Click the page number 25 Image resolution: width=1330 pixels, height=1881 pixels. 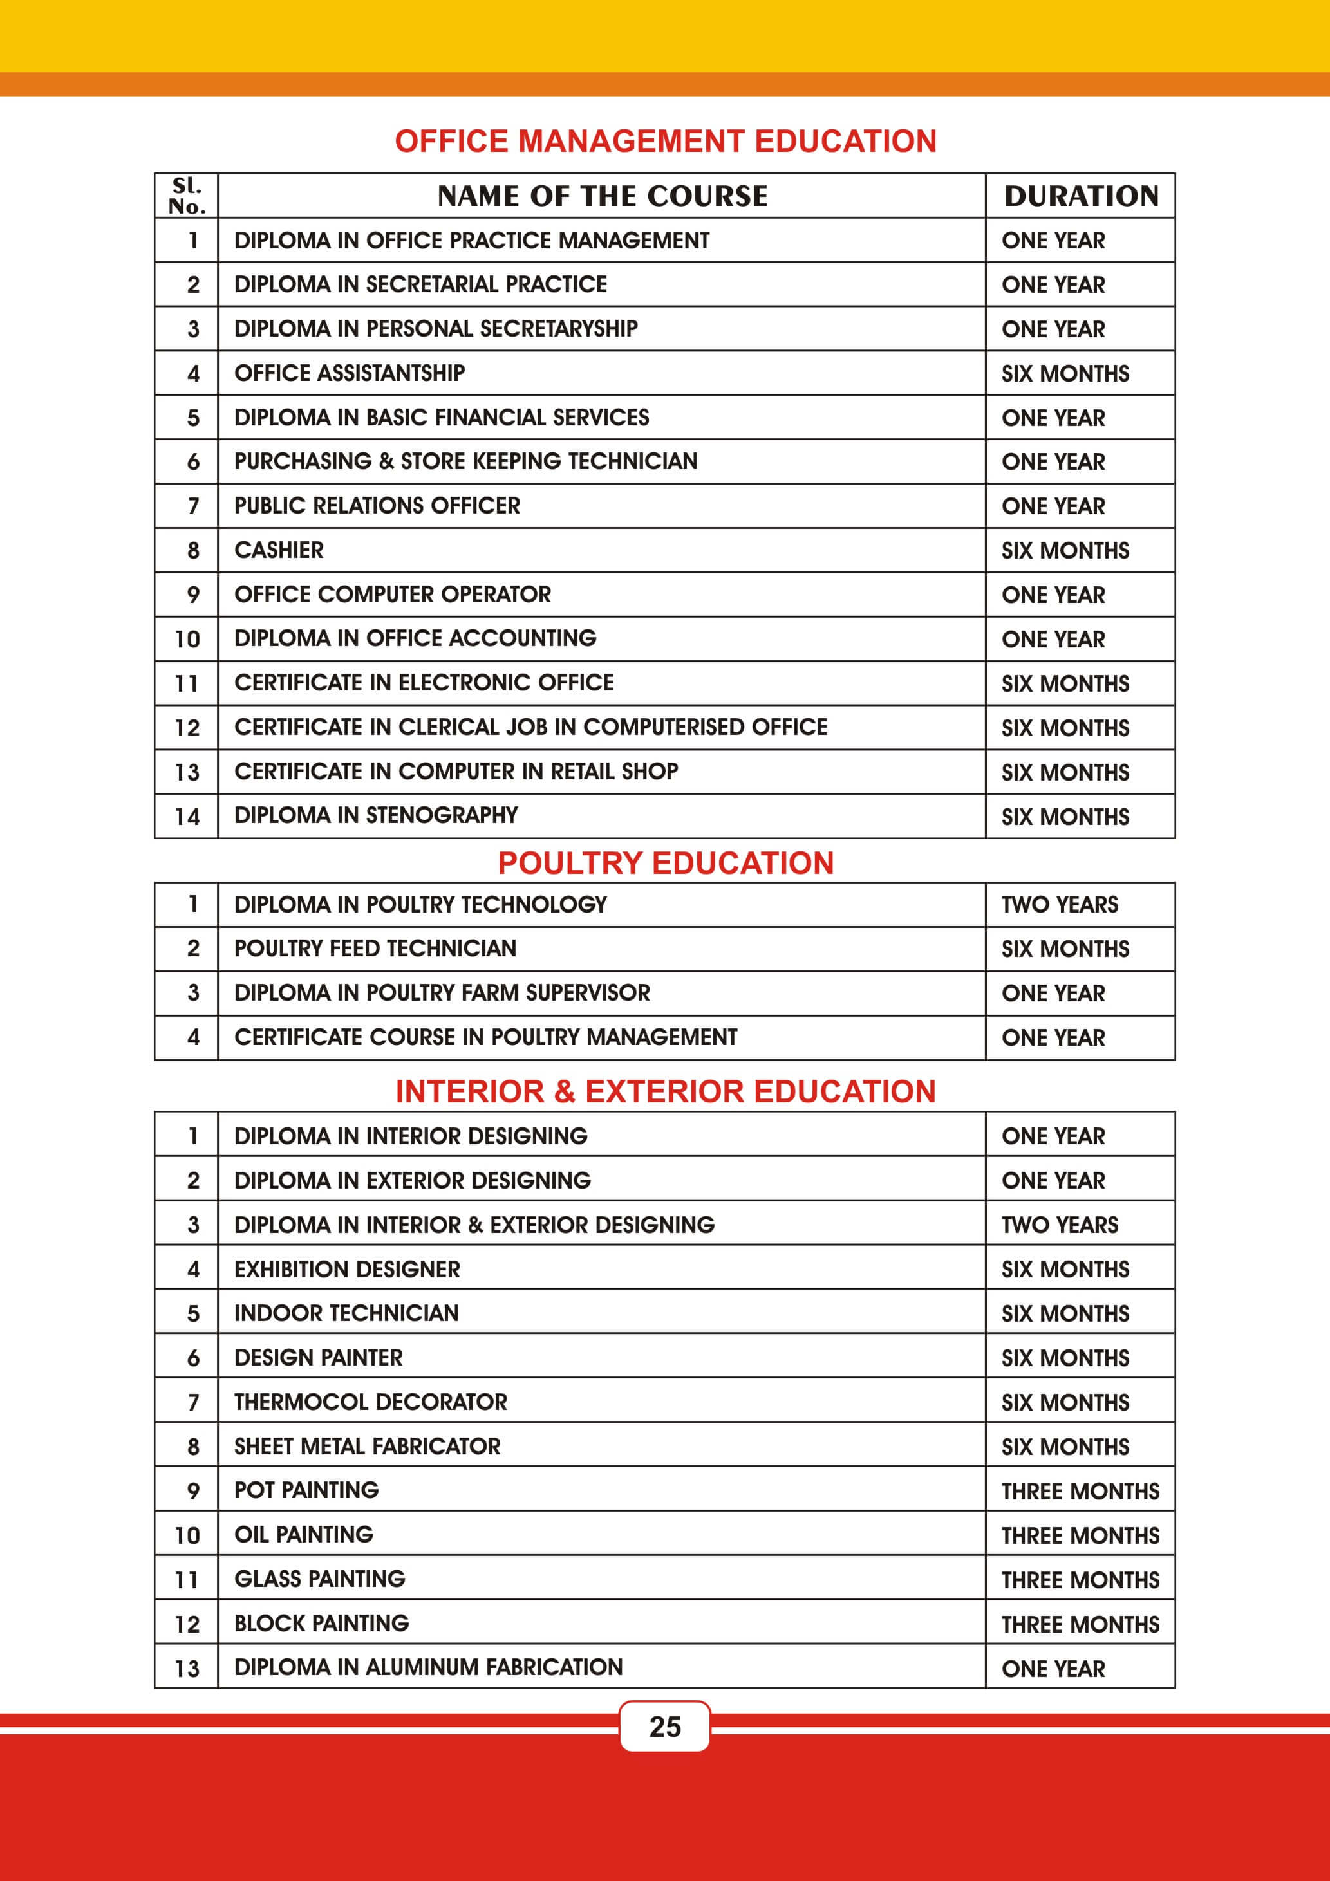pos(664,1726)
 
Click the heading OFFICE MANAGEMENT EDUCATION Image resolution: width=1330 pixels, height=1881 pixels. pos(666,142)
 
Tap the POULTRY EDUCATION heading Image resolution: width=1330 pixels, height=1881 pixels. pos(666,863)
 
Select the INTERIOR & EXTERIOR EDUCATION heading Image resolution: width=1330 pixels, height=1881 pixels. pos(666,1091)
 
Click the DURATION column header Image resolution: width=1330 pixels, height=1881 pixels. pos(1081,196)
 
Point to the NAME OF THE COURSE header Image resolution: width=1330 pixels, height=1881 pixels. pos(603,196)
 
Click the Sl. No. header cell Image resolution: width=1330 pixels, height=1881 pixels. pos(187,196)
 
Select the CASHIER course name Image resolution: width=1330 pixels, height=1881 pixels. pos(279,550)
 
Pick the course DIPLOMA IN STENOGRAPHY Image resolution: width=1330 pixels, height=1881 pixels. pos(376,815)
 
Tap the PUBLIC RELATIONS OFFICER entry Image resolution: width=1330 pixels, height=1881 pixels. pos(377,505)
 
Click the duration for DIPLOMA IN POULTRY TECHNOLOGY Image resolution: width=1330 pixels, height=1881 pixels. pos(1060,904)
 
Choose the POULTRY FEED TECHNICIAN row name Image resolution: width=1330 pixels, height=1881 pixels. pos(375,949)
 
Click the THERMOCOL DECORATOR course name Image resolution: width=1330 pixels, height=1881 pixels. pos(370,1402)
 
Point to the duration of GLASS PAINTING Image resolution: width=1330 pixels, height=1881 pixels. pos(1080,1580)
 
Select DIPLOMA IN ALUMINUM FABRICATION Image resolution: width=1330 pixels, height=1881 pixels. pos(429,1667)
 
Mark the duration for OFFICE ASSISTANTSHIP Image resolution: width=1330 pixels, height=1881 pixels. pos(1065,374)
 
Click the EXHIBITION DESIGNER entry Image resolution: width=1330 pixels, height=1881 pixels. pos(348,1269)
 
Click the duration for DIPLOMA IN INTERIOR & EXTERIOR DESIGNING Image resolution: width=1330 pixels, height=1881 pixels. pos(1060,1225)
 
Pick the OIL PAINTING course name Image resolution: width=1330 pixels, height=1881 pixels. pos(304,1534)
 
